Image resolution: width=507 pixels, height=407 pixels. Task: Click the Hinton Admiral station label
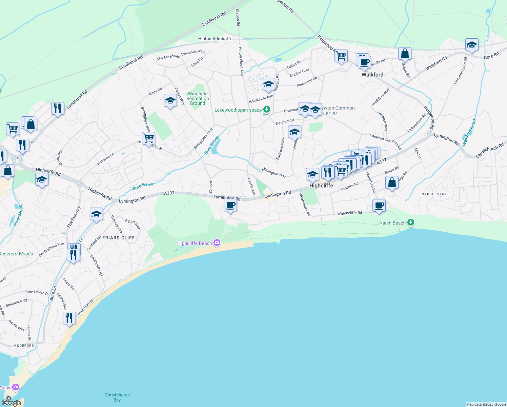(x=213, y=39)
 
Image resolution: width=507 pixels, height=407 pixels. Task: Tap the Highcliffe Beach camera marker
(x=217, y=243)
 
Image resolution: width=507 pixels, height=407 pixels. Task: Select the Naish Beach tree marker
(x=411, y=222)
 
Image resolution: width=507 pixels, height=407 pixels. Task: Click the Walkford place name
(x=372, y=75)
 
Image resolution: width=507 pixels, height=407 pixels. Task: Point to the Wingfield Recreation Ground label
(x=198, y=99)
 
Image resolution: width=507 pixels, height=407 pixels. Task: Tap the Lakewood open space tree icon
(x=267, y=110)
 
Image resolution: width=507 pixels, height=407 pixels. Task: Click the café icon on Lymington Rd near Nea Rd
(x=230, y=206)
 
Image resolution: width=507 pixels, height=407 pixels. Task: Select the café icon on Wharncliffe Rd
(x=379, y=206)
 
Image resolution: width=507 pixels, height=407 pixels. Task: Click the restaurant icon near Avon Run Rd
(x=69, y=318)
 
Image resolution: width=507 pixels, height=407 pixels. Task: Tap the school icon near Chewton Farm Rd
(x=472, y=45)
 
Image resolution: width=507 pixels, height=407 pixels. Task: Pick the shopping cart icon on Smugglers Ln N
(x=148, y=138)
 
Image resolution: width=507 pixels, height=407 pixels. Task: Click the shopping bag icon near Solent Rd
(x=405, y=54)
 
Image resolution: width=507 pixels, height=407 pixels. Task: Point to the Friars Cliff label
(x=119, y=238)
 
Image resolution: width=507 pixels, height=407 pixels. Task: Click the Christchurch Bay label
(x=117, y=397)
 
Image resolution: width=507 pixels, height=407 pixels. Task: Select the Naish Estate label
(x=435, y=194)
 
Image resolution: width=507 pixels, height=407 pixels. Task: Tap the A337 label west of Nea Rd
(x=169, y=193)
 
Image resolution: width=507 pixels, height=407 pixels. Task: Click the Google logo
(x=12, y=403)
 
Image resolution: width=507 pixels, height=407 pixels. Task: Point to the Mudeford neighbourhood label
(x=24, y=346)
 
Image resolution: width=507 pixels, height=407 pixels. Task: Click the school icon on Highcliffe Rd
(x=42, y=179)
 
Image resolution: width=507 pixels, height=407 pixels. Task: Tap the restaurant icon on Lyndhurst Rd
(x=58, y=109)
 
